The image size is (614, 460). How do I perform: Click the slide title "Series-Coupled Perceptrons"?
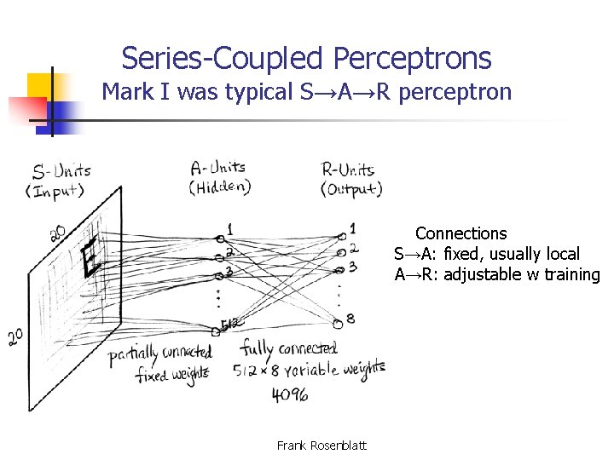tap(306, 58)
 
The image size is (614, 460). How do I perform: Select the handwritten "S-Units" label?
tap(61, 171)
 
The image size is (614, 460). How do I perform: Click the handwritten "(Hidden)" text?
tap(221, 187)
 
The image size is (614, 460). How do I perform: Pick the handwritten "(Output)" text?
tap(351, 189)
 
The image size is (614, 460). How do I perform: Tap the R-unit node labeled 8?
tap(339, 323)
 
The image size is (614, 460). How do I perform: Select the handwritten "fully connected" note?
tap(288, 348)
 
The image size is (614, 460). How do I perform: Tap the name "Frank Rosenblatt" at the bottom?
tap(321, 445)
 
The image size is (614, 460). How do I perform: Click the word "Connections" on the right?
tap(460, 233)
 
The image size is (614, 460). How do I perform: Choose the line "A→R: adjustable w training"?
tap(497, 274)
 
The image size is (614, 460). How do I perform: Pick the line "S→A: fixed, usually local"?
tap(487, 254)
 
